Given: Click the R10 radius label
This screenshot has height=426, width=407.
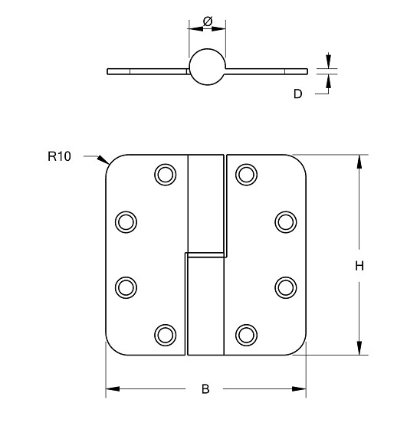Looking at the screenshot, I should tap(59, 156).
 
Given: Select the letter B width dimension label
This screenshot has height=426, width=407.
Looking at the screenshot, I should tap(205, 389).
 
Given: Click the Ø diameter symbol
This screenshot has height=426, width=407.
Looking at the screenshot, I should tap(207, 21).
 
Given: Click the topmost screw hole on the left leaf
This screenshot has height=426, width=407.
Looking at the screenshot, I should tap(165, 175).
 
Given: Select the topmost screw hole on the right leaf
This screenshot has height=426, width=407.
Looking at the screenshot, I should tap(245, 175).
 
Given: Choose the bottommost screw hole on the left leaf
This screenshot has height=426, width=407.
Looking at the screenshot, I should tap(165, 334).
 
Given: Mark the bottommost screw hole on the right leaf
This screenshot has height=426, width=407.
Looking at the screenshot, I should tap(245, 334).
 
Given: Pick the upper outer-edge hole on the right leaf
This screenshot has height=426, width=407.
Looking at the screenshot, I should tap(285, 222).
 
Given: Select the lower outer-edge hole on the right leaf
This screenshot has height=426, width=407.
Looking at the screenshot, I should tap(285, 287).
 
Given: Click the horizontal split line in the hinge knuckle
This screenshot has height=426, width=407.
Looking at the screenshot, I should tap(205, 253).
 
